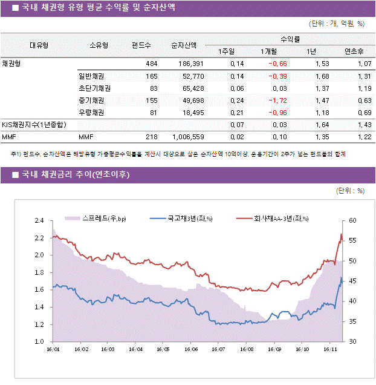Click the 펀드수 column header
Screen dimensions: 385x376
141,45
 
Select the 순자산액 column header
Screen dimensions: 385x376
183,45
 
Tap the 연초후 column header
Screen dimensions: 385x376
353,51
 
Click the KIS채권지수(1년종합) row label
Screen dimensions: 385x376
34,125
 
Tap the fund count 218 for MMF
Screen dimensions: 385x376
151,137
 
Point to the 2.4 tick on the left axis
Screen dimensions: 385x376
39,220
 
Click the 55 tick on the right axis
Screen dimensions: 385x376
352,240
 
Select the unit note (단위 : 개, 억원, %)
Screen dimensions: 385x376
336,24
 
